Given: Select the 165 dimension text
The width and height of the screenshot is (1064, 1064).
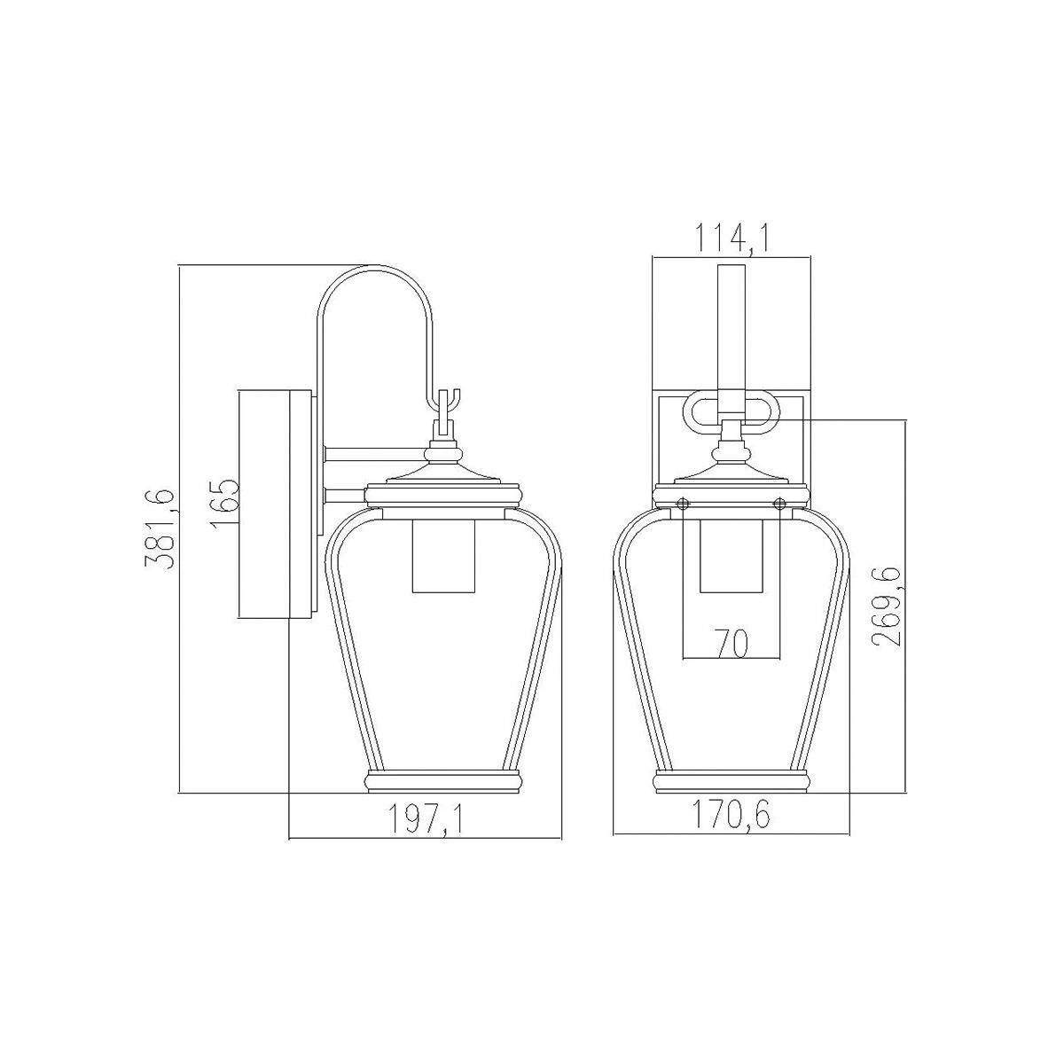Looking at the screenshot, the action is pyautogui.click(x=225, y=504).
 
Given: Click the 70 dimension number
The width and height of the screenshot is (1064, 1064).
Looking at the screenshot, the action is pyautogui.click(x=732, y=643).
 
